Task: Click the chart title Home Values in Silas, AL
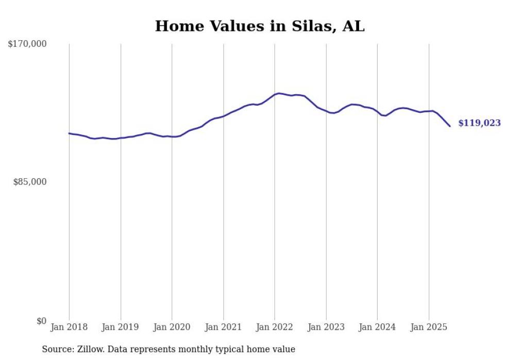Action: pyautogui.click(x=260, y=26)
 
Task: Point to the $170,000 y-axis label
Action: pyautogui.click(x=27, y=44)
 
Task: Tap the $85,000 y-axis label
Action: pyautogui.click(x=30, y=182)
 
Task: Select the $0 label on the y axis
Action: pyautogui.click(x=41, y=321)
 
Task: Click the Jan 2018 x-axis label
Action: pyautogui.click(x=69, y=327)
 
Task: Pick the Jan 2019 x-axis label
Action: pyautogui.click(x=121, y=327)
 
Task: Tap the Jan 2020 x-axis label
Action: pyautogui.click(x=172, y=327)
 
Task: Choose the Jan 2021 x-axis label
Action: pyautogui.click(x=223, y=327)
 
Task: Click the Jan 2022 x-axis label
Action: pyautogui.click(x=275, y=327)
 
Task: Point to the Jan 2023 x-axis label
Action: pyautogui.click(x=326, y=327)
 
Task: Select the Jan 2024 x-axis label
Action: pyautogui.click(x=377, y=327)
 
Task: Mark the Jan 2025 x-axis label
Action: pyautogui.click(x=429, y=327)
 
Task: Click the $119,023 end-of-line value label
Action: pyautogui.click(x=479, y=123)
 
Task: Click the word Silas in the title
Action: pyautogui.click(x=309, y=26)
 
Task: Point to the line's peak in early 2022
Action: pyautogui.click(x=279, y=93)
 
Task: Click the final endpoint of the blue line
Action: pyautogui.click(x=450, y=126)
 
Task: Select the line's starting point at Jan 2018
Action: pyautogui.click(x=69, y=133)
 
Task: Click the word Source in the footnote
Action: pyautogui.click(x=57, y=349)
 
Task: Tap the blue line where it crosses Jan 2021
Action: pyautogui.click(x=223, y=116)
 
